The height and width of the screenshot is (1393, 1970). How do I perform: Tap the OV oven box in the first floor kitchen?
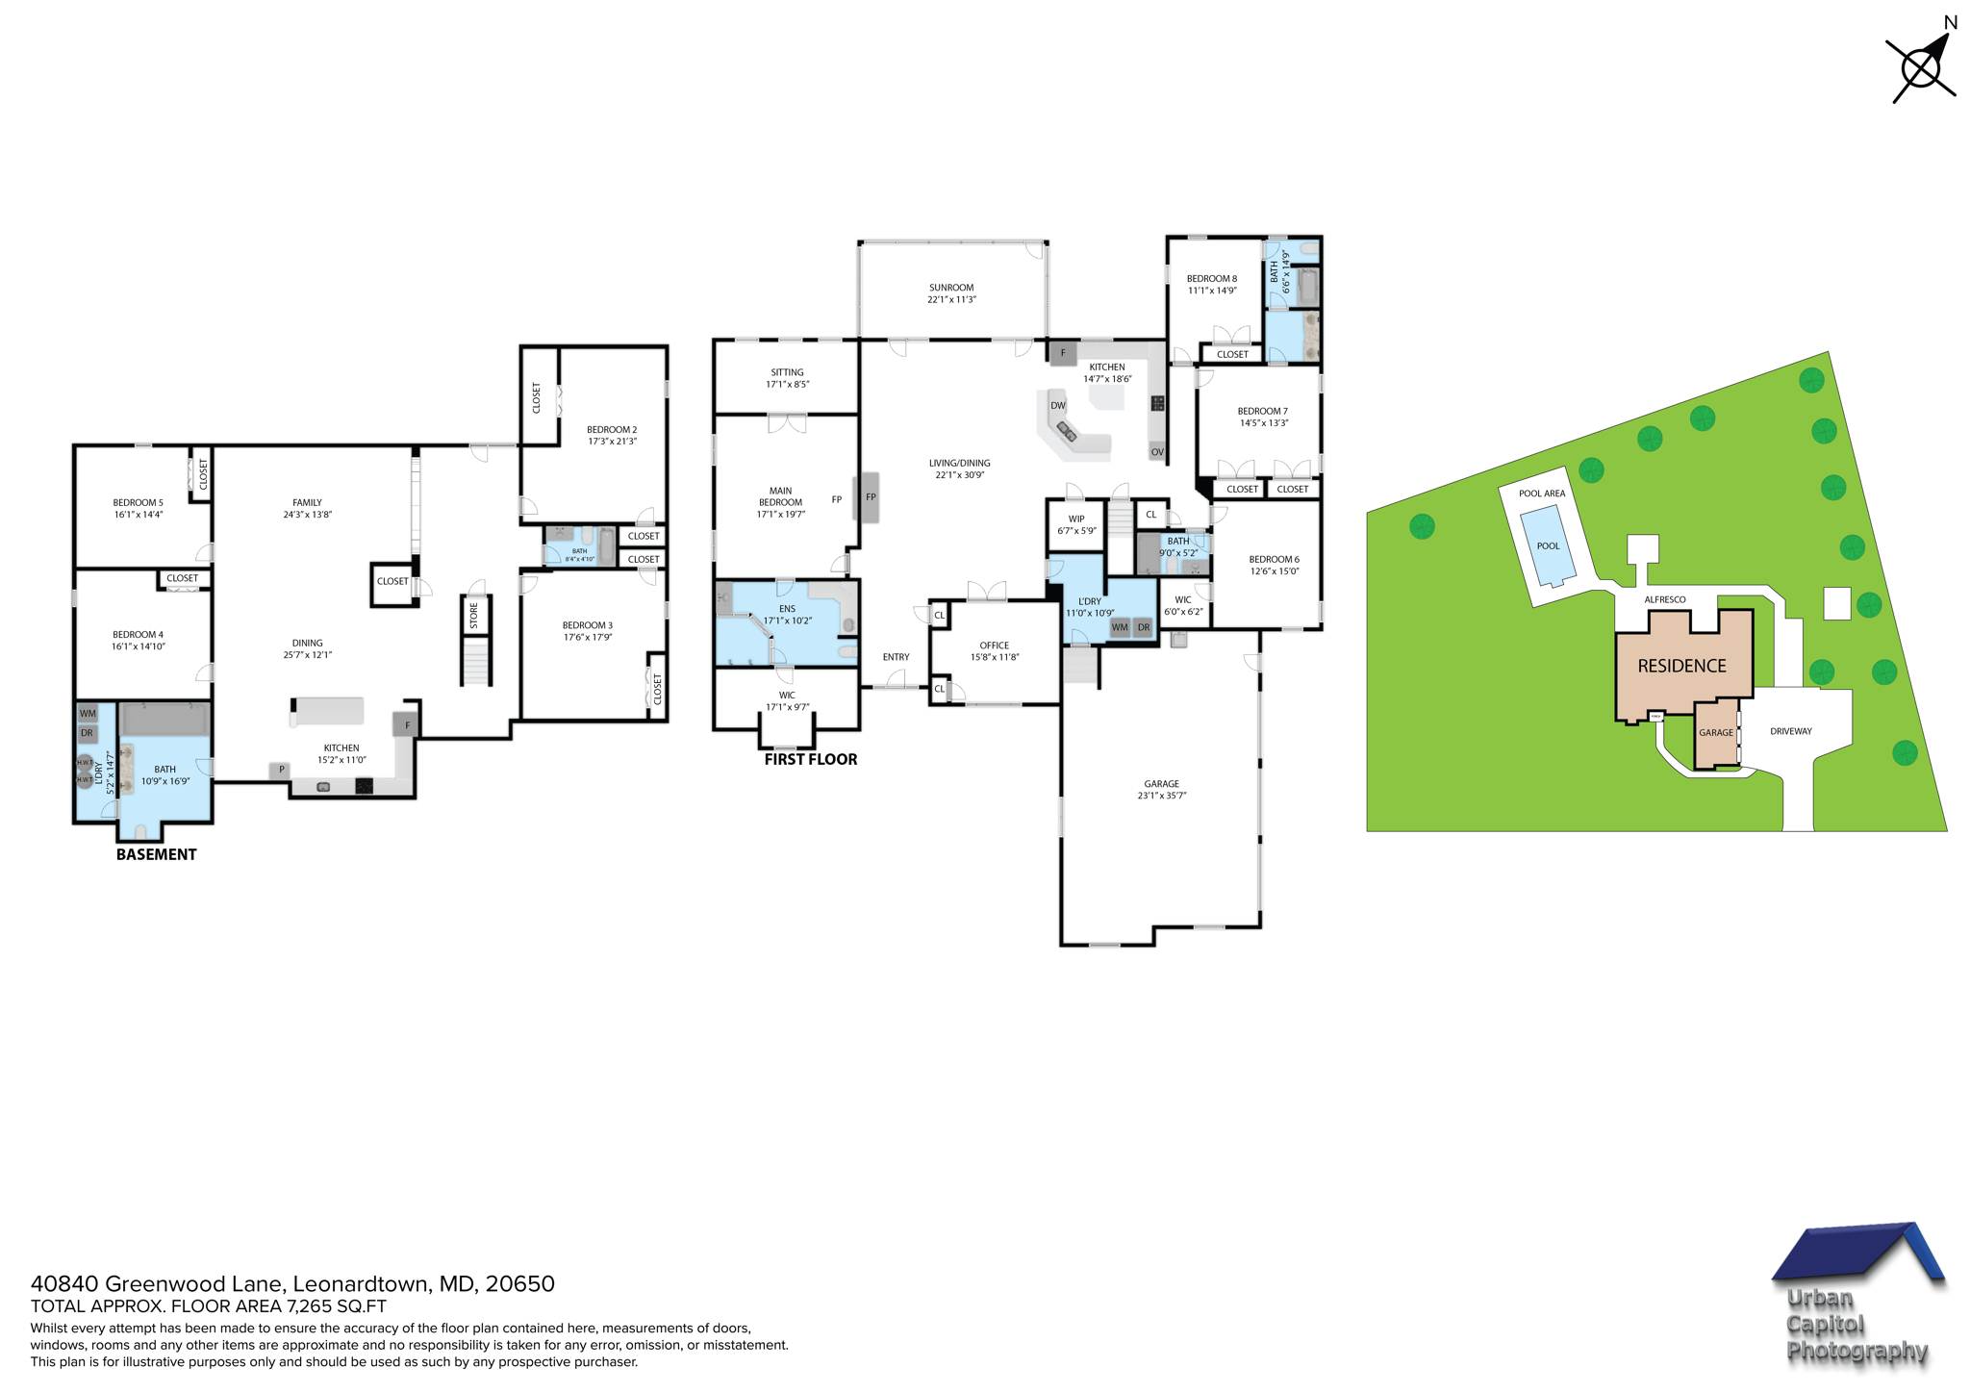1156,452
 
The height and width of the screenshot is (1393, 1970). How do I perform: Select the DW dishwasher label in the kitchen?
1057,406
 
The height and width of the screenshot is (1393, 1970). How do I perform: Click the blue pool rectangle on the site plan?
1547,547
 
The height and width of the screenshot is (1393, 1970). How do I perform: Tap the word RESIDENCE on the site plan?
1681,666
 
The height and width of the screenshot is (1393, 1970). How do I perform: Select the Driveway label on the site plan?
1790,731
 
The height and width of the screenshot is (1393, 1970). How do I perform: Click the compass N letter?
1951,23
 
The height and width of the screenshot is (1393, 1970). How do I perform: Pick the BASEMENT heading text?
156,854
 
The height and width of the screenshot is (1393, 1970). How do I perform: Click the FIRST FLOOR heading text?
810,759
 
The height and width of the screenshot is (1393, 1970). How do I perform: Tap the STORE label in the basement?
474,616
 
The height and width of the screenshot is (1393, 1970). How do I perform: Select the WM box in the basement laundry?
88,714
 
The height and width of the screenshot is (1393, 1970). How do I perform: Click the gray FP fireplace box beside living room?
870,497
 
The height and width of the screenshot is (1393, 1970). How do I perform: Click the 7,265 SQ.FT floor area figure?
336,1306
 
